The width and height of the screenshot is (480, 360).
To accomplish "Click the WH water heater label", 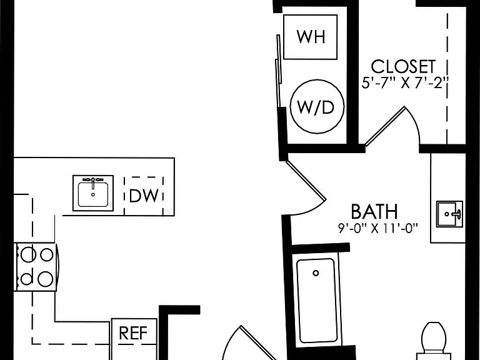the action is [311, 37].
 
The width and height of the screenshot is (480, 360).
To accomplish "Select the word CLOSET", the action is [403, 66].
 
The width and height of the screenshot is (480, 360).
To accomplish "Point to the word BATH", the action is [374, 211].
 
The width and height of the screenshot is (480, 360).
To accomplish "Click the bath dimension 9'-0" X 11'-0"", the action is [378, 228].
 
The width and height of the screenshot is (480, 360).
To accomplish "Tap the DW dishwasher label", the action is [144, 196].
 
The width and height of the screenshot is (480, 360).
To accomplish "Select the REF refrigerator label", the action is [133, 333].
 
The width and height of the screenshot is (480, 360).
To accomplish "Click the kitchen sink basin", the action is [93, 195].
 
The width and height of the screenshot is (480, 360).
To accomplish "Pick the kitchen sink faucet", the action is [93, 182].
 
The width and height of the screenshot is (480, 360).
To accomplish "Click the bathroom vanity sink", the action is [449, 214].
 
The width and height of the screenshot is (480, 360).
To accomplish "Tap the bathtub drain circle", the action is [316, 272].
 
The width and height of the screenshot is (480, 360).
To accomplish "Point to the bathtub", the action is [316, 301].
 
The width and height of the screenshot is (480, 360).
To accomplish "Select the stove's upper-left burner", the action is [28, 254].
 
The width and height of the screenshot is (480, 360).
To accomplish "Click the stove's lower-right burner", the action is [45, 279].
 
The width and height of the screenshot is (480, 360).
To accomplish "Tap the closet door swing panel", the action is [385, 126].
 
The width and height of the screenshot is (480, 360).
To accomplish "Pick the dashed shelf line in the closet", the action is [447, 78].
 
